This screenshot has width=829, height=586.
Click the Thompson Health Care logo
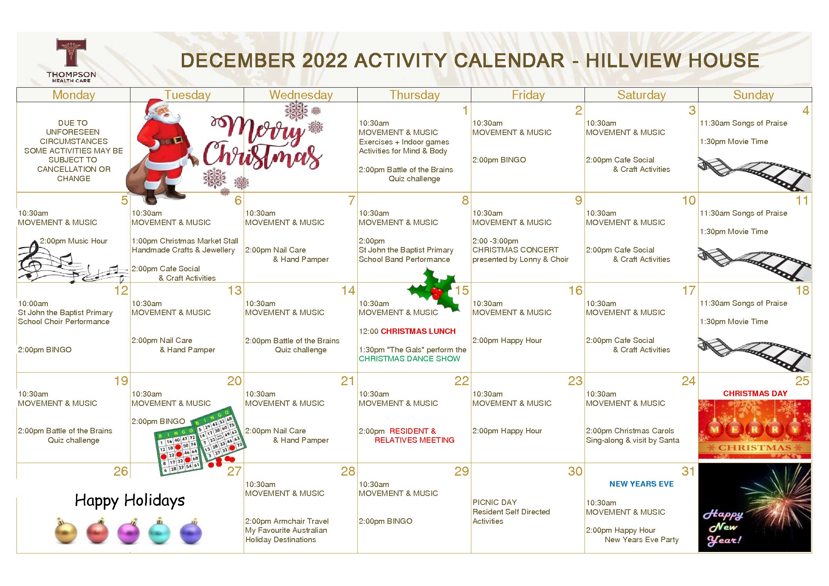pos(71,60)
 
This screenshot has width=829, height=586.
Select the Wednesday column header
pos(301,95)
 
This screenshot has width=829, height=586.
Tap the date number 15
pos(462,290)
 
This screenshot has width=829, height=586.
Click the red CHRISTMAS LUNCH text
pos(418,331)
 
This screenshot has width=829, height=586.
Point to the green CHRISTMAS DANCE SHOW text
pos(409,359)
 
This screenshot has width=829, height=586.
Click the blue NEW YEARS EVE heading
pos(641,484)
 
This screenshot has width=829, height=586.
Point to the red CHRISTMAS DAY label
pos(755,393)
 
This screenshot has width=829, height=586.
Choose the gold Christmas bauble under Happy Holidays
pos(66,532)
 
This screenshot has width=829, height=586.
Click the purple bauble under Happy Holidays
pos(129,532)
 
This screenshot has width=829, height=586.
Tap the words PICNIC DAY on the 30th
pos(494,502)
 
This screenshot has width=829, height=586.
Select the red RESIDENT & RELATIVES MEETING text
pos(414,435)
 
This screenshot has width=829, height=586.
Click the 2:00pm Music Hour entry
pos(74,241)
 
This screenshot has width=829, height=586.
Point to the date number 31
pos(688,471)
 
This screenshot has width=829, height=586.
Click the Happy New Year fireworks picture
pos(755,508)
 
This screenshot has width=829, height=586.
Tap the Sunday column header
pos(753,95)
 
